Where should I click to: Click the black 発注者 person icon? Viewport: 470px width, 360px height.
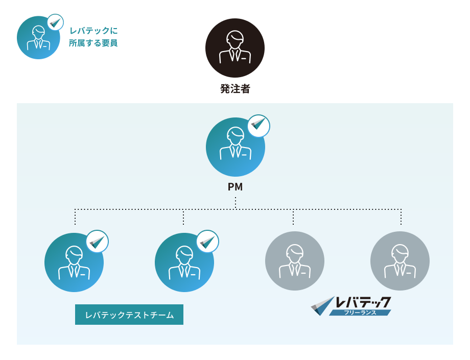235,48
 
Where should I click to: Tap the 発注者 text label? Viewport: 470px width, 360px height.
235,89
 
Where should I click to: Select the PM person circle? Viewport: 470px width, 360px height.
235,148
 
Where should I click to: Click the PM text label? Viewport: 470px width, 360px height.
235,187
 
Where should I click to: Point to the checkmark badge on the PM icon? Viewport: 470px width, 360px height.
258,126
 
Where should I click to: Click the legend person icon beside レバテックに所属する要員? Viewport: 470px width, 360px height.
38,38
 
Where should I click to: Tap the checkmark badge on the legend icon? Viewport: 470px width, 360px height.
55,22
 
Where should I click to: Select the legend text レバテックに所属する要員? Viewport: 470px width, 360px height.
93,37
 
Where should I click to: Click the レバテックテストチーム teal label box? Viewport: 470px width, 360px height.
129,315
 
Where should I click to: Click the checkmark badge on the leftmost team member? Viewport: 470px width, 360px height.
97,242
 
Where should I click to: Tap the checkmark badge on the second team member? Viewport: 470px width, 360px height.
207,242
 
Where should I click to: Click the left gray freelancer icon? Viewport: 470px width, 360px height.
295,261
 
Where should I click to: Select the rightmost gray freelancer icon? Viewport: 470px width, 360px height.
400,261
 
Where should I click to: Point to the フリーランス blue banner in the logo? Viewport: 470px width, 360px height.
360,313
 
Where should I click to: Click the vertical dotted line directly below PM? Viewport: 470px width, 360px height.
236,203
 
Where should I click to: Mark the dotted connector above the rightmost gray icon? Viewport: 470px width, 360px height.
401,217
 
